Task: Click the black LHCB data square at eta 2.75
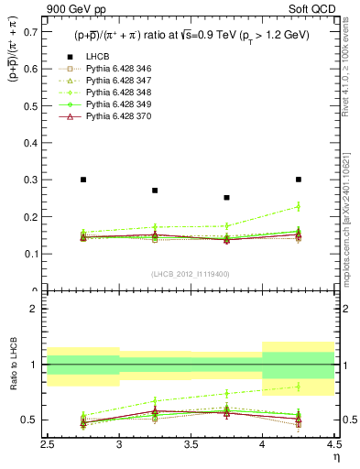click(x=83, y=180)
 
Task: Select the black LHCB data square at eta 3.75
click(x=226, y=197)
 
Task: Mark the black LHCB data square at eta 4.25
click(x=299, y=180)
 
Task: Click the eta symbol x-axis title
click(x=335, y=456)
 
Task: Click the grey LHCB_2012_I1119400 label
click(x=191, y=274)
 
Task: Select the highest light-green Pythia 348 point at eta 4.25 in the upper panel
click(x=299, y=207)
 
